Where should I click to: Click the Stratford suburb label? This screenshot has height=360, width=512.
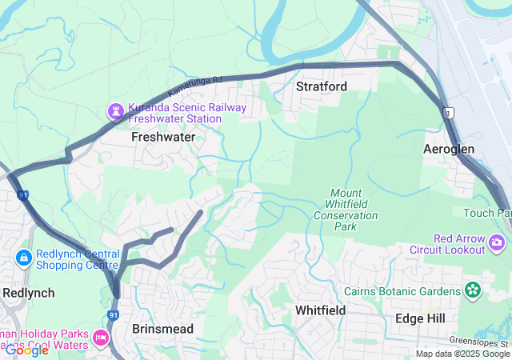point(321,86)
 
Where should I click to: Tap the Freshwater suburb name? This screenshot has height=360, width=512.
point(163,138)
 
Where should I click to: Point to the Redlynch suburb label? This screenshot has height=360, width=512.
point(28,293)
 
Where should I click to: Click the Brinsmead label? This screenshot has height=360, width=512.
point(163,329)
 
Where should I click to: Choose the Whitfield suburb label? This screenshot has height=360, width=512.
point(320,310)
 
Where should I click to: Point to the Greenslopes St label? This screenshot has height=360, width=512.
point(479,340)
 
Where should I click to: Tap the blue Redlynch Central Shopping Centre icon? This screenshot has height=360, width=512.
point(24,258)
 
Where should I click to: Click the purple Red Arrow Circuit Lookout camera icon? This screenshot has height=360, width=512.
point(498,242)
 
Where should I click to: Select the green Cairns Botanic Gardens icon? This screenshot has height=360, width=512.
point(474,289)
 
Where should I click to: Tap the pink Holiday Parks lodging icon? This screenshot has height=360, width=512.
point(102,338)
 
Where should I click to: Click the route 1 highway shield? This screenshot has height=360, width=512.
point(450,112)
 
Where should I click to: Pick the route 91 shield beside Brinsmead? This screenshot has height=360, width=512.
point(113,314)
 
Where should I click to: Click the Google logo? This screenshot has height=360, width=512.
point(26,350)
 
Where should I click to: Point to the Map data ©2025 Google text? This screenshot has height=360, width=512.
point(462,354)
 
